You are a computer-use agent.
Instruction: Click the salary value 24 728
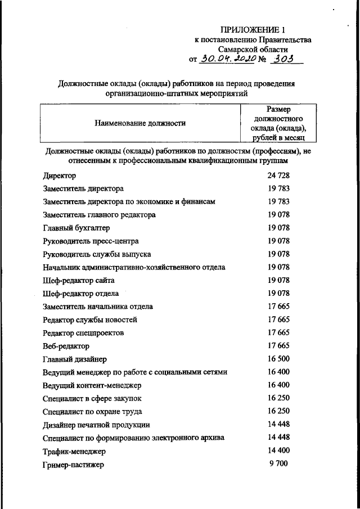pyautogui.click(x=278, y=175)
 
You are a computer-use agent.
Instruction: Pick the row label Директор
pyautogui.click(x=60, y=176)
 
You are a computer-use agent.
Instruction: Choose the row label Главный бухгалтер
pyautogui.click(x=76, y=228)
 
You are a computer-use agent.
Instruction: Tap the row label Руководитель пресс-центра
pyautogui.click(x=90, y=242)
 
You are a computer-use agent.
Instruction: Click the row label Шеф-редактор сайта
pyautogui.click(x=78, y=281)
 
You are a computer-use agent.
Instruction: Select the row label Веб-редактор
pyautogui.click(x=66, y=346)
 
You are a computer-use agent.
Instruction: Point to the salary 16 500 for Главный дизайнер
pyautogui.click(x=278, y=358)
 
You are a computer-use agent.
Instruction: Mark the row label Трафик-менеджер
pyautogui.click(x=74, y=451)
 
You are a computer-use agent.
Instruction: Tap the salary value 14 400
pyautogui.click(x=278, y=450)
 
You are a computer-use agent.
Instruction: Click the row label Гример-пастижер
pyautogui.click(x=73, y=465)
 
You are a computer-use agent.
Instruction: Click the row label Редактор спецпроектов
pyautogui.click(x=83, y=333)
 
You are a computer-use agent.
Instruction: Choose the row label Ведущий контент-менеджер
pyautogui.click(x=92, y=385)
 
